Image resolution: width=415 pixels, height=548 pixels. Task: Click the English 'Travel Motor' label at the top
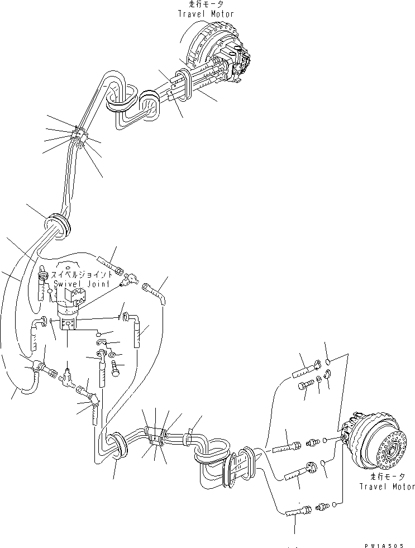coord(206,13)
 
